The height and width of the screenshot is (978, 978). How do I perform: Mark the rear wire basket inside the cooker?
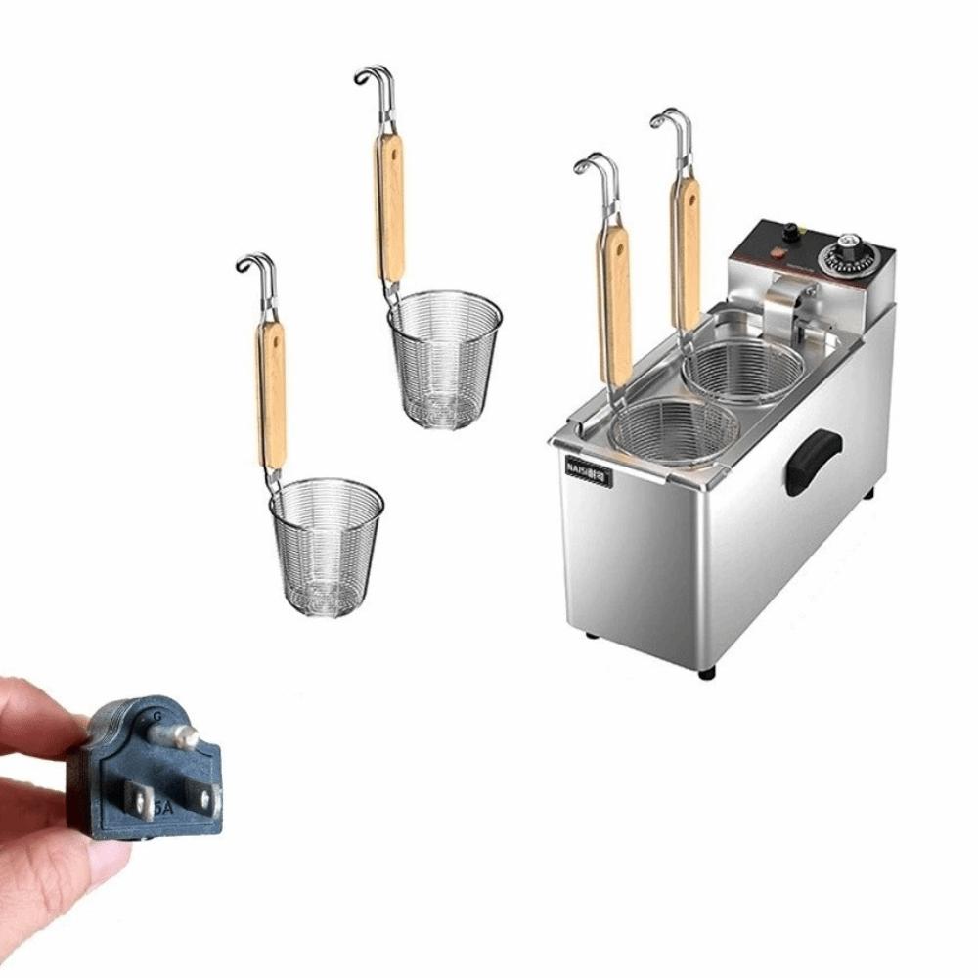(x=743, y=370)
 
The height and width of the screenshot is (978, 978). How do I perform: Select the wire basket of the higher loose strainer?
(x=444, y=358)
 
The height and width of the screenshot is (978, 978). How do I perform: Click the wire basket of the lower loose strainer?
(x=327, y=544)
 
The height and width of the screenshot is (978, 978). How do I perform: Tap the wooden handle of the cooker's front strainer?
(x=615, y=303)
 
